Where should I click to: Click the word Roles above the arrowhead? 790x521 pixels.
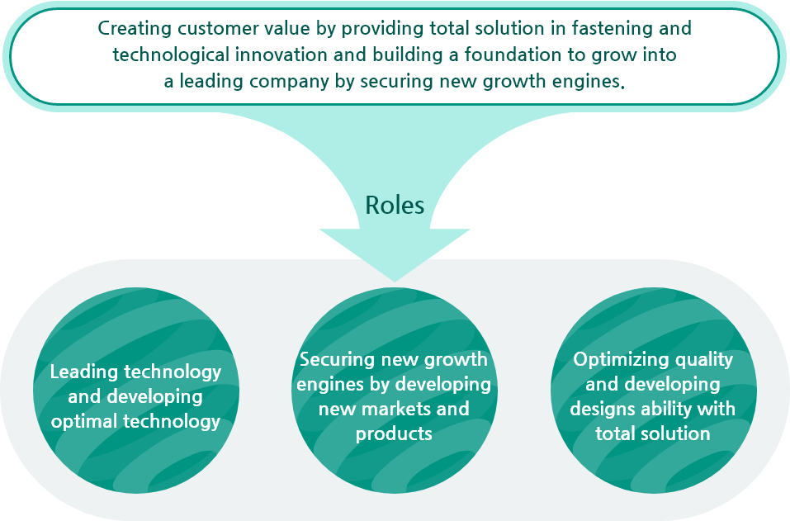pos(395,205)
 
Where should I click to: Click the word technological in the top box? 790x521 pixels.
pos(171,55)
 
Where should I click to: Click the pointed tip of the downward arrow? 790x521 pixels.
pos(395,282)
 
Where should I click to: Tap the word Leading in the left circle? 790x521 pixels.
pos(83,372)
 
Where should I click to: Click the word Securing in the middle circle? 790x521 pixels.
pos(337,360)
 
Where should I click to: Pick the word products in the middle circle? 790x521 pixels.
pos(394,433)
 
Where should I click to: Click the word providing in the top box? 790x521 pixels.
pos(383,29)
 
